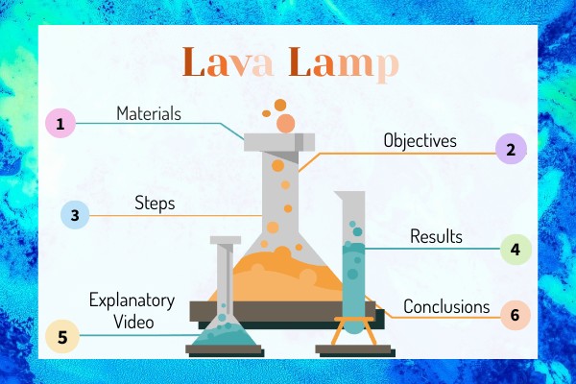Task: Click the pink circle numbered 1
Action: click(x=60, y=123)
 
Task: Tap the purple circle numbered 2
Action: click(x=511, y=149)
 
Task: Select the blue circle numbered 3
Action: click(x=75, y=215)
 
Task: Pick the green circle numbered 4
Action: click(x=516, y=250)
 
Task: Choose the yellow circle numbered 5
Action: click(x=62, y=337)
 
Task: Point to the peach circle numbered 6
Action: click(x=516, y=315)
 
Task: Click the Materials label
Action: click(x=149, y=113)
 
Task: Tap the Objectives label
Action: click(x=420, y=141)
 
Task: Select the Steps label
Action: click(x=155, y=204)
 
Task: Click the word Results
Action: click(x=436, y=236)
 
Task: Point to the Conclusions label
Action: click(x=446, y=307)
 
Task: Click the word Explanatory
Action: click(x=132, y=301)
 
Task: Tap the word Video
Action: click(x=133, y=323)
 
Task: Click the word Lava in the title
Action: click(x=228, y=62)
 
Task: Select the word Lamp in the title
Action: click(x=344, y=64)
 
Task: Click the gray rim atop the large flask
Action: click(x=279, y=142)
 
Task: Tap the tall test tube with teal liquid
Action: click(x=353, y=262)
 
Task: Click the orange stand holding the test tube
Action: click(x=354, y=330)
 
